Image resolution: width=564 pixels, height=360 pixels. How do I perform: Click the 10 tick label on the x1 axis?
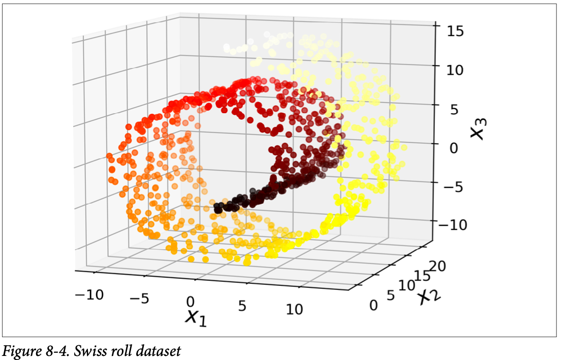294,309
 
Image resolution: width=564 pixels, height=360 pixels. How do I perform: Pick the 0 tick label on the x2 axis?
374,305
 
